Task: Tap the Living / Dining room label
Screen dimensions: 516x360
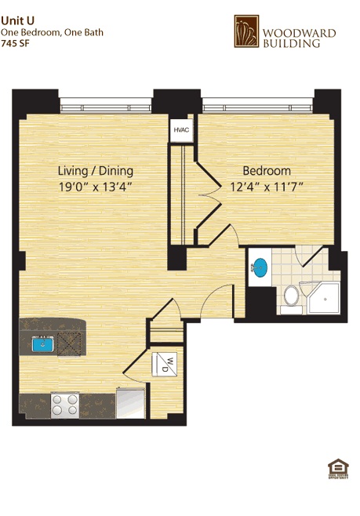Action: tap(96, 171)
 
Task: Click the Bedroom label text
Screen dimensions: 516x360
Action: tap(266, 171)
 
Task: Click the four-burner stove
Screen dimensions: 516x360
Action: tap(64, 404)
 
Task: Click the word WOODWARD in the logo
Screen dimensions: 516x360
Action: tap(298, 33)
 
